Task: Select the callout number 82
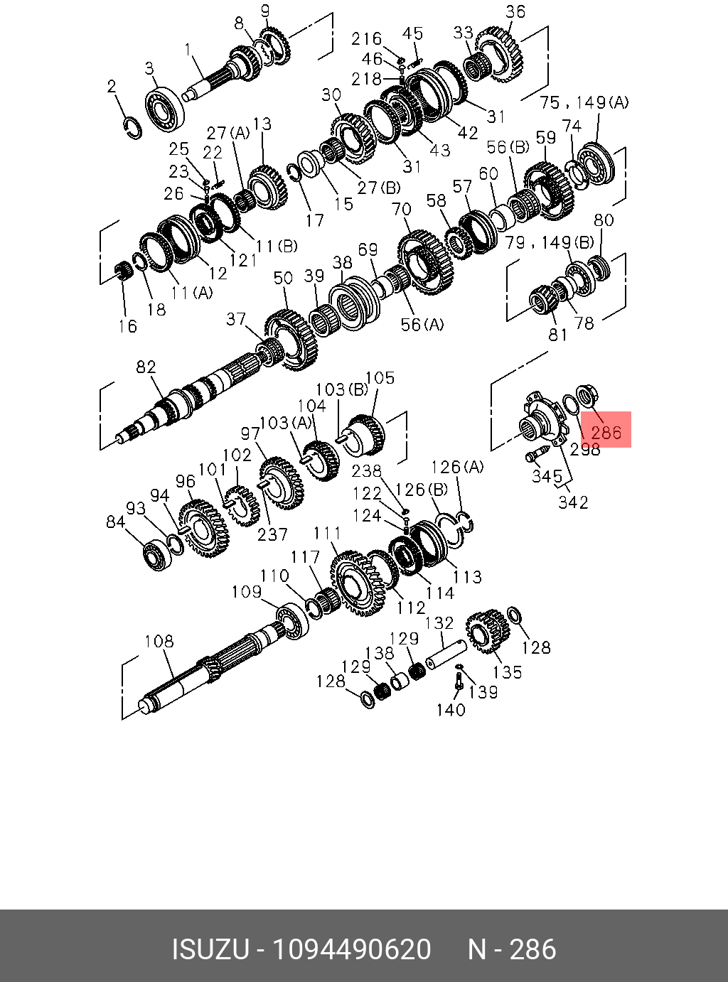[146, 367]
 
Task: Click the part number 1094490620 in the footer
[353, 949]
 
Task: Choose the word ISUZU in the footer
[210, 949]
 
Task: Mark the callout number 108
[159, 642]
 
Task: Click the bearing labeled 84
[154, 552]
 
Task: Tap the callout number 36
[515, 11]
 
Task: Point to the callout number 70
[402, 209]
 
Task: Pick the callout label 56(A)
[422, 325]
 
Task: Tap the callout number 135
[508, 671]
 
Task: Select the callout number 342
[573, 502]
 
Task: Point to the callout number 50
[283, 277]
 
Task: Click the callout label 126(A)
[457, 467]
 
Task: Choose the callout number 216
[366, 38]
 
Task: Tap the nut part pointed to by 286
[589, 394]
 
